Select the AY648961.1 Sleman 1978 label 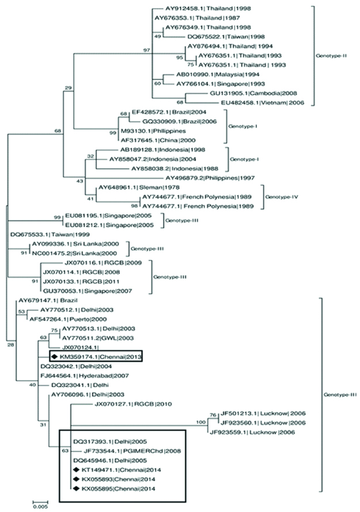click(129, 188)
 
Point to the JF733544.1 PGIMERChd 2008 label click(124, 452)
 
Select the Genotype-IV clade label click(281, 197)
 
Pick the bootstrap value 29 click(69, 88)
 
